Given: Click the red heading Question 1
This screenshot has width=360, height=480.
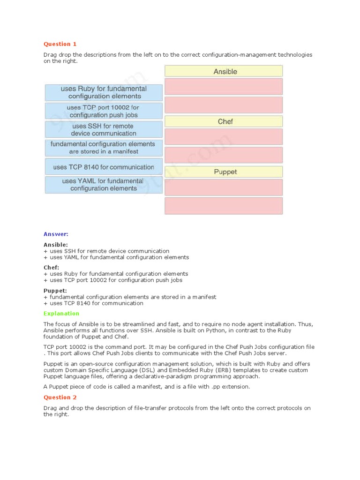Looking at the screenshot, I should click(x=60, y=44).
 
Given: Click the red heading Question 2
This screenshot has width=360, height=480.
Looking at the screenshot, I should click(x=60, y=397).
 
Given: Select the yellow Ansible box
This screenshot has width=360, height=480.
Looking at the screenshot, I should click(x=224, y=71).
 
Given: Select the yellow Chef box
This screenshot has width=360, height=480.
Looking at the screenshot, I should click(x=224, y=121).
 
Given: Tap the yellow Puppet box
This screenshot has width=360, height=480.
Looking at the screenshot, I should click(x=224, y=172).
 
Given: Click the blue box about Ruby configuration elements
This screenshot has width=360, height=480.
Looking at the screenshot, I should click(x=104, y=92).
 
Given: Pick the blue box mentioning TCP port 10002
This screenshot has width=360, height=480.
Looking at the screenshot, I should click(x=104, y=111).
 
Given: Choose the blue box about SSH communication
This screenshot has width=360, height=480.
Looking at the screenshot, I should click(x=104, y=129).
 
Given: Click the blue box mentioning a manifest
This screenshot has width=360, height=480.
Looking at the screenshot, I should click(x=104, y=148).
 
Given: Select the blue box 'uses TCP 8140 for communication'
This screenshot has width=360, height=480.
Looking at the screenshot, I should click(x=104, y=167).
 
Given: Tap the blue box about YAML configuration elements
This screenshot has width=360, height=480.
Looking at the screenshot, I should click(x=104, y=185).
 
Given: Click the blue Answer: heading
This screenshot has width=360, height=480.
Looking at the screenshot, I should click(x=56, y=234).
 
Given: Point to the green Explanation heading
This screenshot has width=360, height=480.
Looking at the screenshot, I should click(x=61, y=313).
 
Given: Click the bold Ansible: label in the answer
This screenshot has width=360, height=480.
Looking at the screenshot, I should click(x=56, y=245).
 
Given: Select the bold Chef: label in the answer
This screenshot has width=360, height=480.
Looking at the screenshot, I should click(x=52, y=267).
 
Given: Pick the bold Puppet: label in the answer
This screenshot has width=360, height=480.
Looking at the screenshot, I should click(x=55, y=291).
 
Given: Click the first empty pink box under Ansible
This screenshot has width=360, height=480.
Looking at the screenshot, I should click(x=224, y=87).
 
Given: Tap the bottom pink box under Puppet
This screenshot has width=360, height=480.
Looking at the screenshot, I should click(x=224, y=206).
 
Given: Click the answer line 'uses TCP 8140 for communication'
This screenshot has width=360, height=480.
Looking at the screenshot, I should click(x=96, y=303).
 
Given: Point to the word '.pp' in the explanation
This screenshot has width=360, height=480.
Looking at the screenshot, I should click(x=201, y=387).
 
